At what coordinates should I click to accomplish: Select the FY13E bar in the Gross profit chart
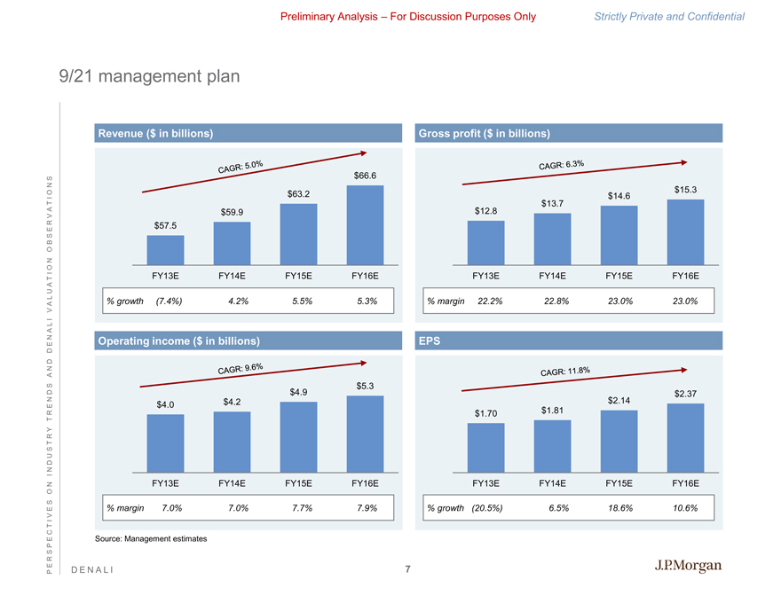pyautogui.click(x=485, y=242)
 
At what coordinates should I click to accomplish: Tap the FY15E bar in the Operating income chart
pyautogui.click(x=298, y=437)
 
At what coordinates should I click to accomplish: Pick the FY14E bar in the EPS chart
pyautogui.click(x=552, y=446)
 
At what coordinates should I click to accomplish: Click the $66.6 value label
pyautogui.click(x=365, y=176)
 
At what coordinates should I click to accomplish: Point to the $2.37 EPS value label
pyautogui.click(x=686, y=394)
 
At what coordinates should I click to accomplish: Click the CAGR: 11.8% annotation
pyautogui.click(x=566, y=372)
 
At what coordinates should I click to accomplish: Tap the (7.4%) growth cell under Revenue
pyautogui.click(x=169, y=301)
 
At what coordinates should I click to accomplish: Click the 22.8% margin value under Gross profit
pyautogui.click(x=556, y=301)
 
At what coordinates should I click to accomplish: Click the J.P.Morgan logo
pyautogui.click(x=689, y=567)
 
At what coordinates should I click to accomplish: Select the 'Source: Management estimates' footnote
pyautogui.click(x=151, y=539)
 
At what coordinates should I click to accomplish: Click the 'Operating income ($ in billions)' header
pyautogui.click(x=179, y=341)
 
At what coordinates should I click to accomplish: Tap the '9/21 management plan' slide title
pyautogui.click(x=144, y=77)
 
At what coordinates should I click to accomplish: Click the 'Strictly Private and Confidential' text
pyautogui.click(x=672, y=17)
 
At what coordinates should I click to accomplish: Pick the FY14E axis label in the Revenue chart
pyautogui.click(x=232, y=276)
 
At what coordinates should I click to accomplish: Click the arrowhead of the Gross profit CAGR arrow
pyautogui.click(x=683, y=162)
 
